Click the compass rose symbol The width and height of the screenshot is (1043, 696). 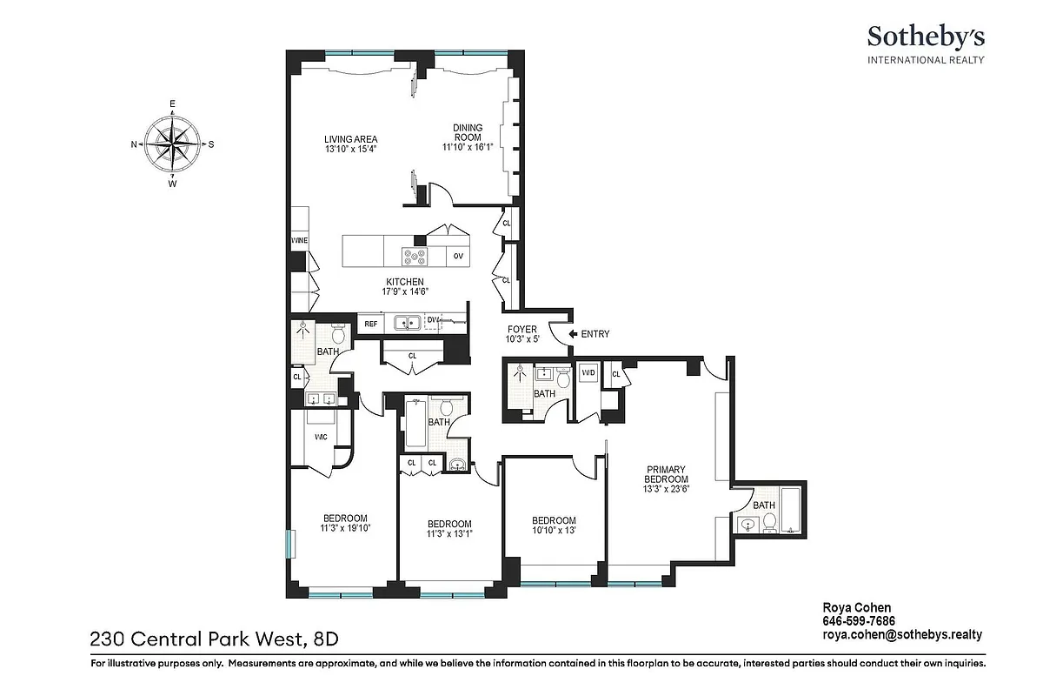(172, 144)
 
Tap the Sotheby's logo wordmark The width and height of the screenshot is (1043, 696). (925, 37)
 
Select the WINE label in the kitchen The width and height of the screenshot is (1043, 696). (299, 241)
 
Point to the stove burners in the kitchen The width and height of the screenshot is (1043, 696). (415, 256)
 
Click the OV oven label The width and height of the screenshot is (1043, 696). (458, 257)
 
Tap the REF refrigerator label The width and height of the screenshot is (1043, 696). (370, 324)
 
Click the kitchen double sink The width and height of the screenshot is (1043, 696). (407, 324)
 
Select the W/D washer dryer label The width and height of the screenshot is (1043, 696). (588, 373)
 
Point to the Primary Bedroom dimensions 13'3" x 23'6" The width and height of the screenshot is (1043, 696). (666, 489)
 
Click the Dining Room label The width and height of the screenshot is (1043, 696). (468, 133)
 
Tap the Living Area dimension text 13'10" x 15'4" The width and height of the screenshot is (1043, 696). (350, 150)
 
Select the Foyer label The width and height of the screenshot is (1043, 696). (522, 329)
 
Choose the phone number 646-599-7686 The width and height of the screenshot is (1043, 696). (859, 621)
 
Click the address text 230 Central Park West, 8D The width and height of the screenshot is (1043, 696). (214, 639)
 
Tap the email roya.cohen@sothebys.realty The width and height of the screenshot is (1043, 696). (901, 635)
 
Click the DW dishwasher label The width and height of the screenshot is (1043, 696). (433, 320)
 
